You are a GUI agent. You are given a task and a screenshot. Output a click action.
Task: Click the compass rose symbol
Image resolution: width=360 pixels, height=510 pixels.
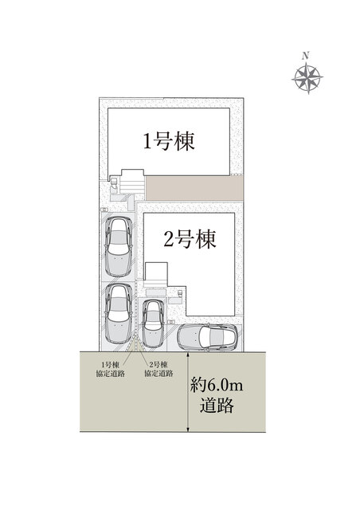pos(307,78)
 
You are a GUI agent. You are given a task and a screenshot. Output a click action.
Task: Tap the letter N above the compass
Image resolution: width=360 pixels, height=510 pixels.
pos(305,56)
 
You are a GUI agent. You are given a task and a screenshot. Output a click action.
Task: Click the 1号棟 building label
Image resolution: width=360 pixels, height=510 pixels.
pos(169,141)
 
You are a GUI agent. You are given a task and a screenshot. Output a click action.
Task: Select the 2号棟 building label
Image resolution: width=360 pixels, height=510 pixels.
pos(190,239)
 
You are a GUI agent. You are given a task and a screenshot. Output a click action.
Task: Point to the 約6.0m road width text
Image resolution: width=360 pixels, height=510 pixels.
pos(217,386)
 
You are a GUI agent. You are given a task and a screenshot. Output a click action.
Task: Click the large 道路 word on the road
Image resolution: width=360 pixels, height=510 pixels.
pos(217,406)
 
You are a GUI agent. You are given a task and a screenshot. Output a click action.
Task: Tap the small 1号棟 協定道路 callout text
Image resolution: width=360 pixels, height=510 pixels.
pos(110,369)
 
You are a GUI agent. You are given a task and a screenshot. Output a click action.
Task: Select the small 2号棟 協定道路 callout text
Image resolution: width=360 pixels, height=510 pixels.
pos(158,369)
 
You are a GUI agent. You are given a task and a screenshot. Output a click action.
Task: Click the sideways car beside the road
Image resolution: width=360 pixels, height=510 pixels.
pos(207,336)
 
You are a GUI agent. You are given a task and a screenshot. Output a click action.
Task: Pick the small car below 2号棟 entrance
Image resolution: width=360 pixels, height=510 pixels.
pos(153,324)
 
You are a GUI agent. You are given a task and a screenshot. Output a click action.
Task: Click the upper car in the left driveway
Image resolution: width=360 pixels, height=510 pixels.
pos(119,247)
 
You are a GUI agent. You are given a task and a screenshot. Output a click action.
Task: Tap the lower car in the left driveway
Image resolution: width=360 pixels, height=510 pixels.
pos(119,314)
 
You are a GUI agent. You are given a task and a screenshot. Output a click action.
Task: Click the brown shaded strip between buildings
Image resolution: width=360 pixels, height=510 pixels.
pos(194,188)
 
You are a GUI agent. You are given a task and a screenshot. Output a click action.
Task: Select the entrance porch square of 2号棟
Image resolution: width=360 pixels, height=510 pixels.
pos(156,275)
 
